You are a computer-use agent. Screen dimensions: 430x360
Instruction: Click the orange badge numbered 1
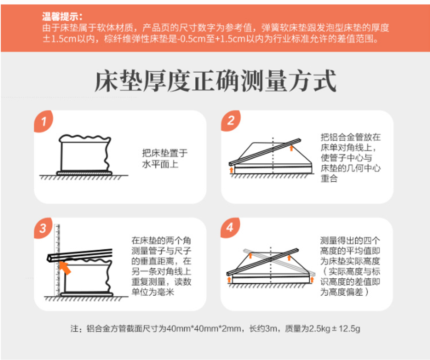tap(43, 121)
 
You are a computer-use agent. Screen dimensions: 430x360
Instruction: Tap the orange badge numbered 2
tap(230, 120)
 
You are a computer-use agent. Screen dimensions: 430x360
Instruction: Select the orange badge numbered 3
tap(43, 228)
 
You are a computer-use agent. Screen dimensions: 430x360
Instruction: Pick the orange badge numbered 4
tap(230, 227)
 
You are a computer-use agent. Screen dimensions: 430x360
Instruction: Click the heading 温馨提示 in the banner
tap(62, 17)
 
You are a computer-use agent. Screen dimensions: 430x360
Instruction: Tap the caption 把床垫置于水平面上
tap(165, 159)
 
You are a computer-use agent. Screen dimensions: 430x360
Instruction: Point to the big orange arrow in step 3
tap(65, 268)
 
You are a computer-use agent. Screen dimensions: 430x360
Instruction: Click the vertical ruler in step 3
tap(57, 260)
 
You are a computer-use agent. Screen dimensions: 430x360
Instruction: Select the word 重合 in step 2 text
tap(329, 178)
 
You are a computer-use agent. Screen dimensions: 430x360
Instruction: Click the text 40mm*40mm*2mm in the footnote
tap(203, 328)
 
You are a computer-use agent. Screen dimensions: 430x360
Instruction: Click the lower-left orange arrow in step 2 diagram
tap(232, 170)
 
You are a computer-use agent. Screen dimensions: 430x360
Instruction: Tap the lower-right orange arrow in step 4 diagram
tap(312, 280)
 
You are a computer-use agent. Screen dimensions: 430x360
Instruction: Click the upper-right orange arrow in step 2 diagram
tap(291, 148)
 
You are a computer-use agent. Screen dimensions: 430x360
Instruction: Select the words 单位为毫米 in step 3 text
tap(153, 292)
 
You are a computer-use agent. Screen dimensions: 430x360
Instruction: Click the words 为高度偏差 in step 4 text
tap(342, 292)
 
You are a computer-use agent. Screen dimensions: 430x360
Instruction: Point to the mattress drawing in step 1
tap(85, 155)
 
